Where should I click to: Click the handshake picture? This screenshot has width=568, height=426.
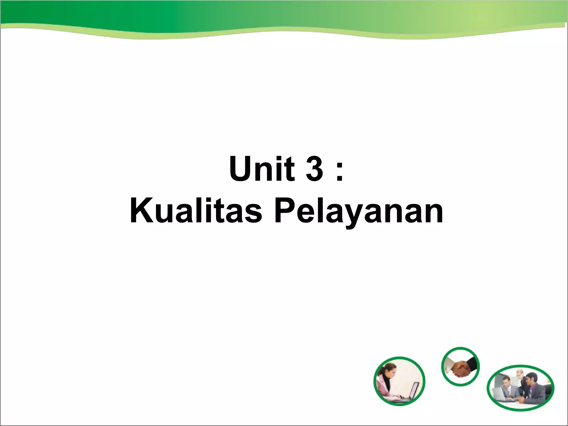point(460,366)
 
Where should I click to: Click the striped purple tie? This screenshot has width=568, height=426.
point(530,392)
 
